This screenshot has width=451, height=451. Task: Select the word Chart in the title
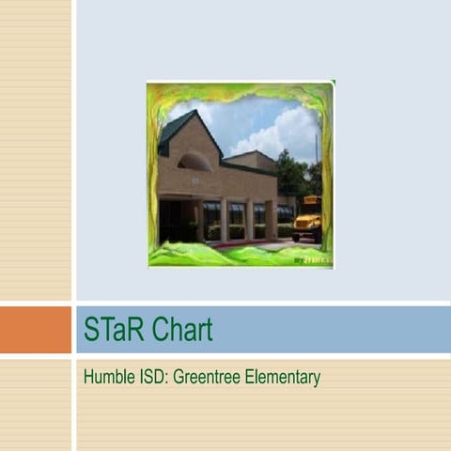click(180, 330)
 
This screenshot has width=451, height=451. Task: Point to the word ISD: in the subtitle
click(150, 378)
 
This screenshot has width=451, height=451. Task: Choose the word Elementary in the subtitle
click(284, 378)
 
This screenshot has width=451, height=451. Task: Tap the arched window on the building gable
click(194, 162)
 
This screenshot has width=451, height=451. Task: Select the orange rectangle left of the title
click(35, 330)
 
